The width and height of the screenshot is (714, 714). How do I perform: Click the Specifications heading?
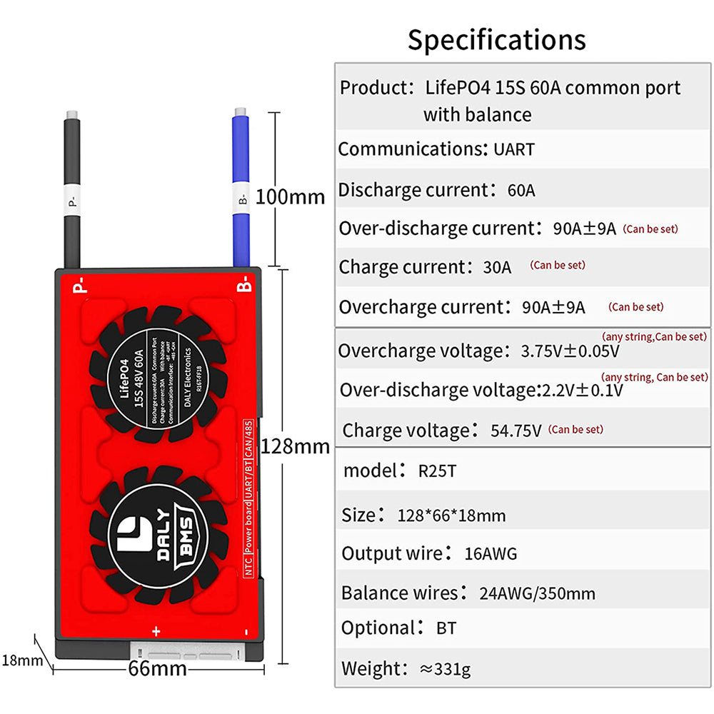tap(496, 40)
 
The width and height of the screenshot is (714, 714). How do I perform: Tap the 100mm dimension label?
tap(290, 196)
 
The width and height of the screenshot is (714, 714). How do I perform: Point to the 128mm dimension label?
tap(296, 447)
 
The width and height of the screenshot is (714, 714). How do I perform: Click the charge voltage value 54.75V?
tap(516, 431)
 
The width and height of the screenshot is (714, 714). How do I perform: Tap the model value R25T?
tap(437, 471)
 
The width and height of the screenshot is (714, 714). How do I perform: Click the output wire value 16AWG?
tap(490, 553)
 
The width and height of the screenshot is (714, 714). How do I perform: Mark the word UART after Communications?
tap(513, 149)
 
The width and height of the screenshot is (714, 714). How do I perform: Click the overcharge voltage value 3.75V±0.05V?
tap(570, 351)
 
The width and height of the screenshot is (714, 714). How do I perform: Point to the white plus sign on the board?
tap(156, 631)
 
